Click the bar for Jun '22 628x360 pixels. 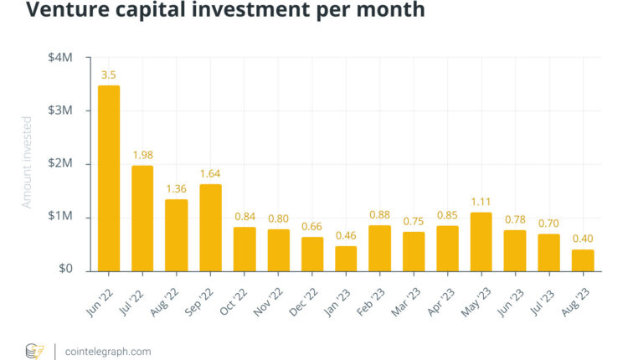[x=109, y=177]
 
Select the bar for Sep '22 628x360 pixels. [x=210, y=227]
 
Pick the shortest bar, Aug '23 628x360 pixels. [x=582, y=260]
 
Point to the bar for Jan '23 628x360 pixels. [x=346, y=258]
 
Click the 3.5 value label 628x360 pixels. [x=109, y=75]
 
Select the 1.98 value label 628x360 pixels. [x=143, y=155]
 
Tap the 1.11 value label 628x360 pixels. [x=481, y=201]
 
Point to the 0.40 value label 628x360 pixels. [x=582, y=239]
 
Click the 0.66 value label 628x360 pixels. [x=311, y=225]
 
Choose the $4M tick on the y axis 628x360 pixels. [x=62, y=58]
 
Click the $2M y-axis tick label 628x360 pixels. [x=62, y=164]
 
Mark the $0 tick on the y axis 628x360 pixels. [x=66, y=270]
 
